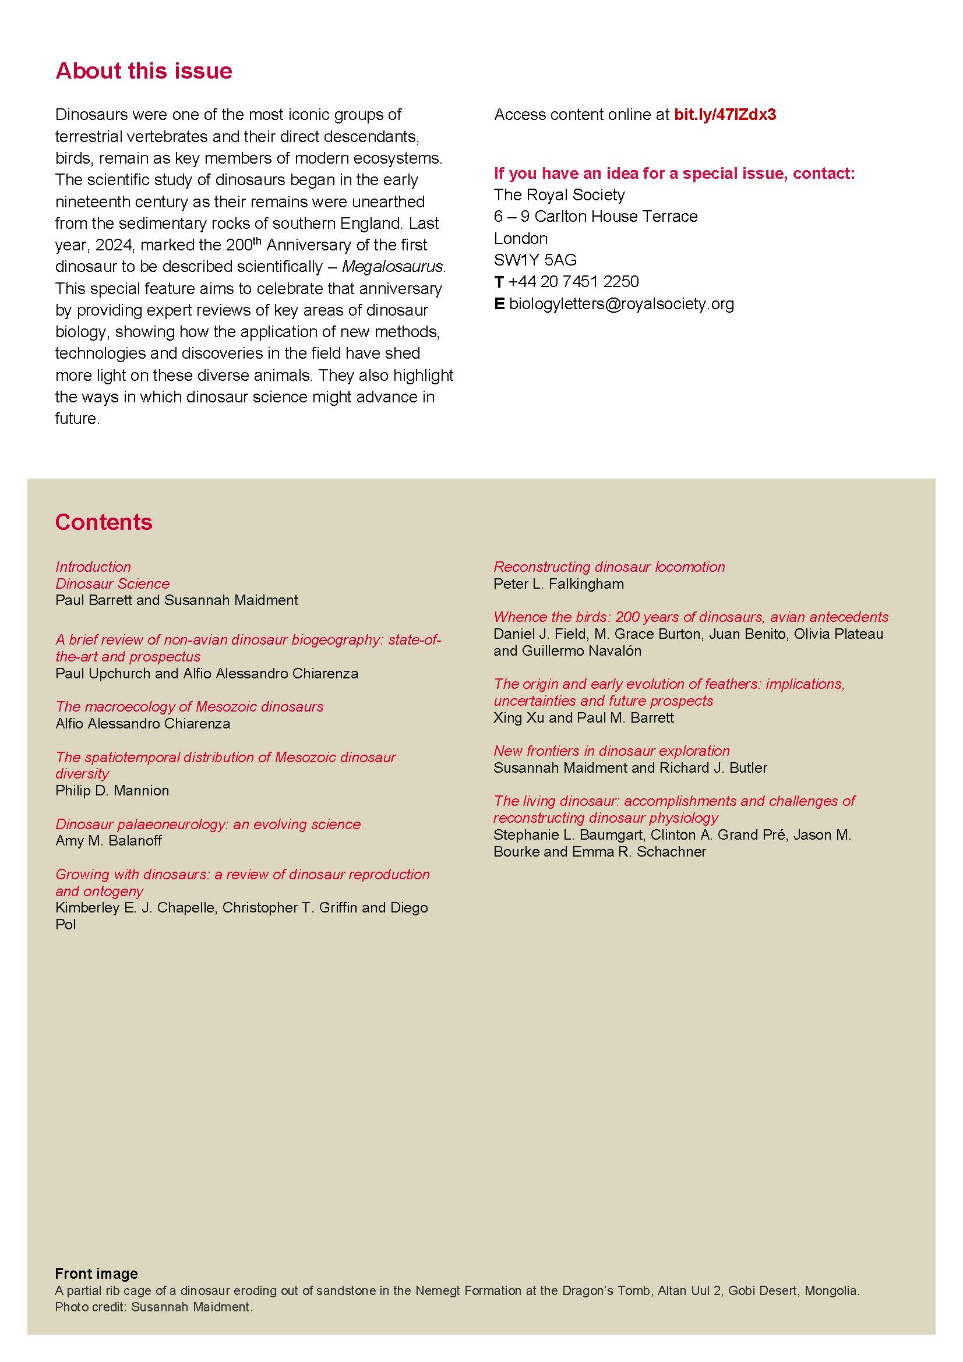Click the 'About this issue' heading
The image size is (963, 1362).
[x=143, y=71]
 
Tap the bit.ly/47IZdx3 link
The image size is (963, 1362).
[x=725, y=115]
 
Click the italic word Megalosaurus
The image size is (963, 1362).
[x=393, y=267]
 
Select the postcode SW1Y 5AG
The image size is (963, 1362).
[x=535, y=260]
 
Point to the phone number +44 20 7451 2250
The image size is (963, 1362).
[x=573, y=281]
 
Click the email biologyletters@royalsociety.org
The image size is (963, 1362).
[x=621, y=304]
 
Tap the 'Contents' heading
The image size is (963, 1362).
[x=104, y=522]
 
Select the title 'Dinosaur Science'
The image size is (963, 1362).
[x=112, y=583]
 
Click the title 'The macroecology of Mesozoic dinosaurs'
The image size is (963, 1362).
[x=189, y=706]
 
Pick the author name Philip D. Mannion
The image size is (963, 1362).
[x=112, y=791]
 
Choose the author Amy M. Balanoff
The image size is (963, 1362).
[x=108, y=841]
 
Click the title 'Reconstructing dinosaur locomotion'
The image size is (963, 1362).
[x=609, y=567]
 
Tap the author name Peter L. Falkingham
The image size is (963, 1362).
[x=558, y=583]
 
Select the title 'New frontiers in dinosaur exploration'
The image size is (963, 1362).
[x=611, y=751]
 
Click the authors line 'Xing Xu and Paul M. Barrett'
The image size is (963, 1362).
[x=583, y=718]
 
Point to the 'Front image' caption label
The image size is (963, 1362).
[x=96, y=1273]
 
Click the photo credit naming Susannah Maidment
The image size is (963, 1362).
[x=154, y=1307]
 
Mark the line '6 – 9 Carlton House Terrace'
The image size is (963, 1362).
[x=595, y=217]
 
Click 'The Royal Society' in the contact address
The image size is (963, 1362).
[x=559, y=195]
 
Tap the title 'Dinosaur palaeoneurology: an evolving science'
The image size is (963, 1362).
[x=207, y=824]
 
